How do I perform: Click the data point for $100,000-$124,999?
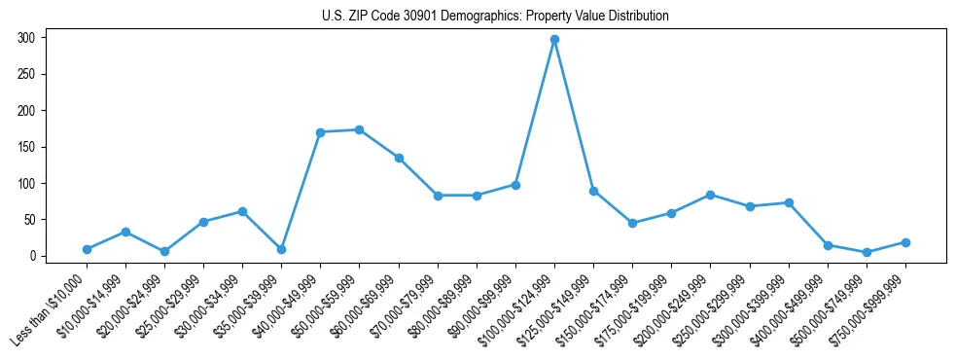554,40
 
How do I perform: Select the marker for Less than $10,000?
87,249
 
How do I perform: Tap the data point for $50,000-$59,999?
360,129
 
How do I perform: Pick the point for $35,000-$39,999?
281,249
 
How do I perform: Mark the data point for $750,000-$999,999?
905,242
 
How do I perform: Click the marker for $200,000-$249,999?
710,195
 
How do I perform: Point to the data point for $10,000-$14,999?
125,232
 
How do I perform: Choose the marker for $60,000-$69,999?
399,158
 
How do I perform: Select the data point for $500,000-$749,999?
867,252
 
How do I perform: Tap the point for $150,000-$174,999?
632,223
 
